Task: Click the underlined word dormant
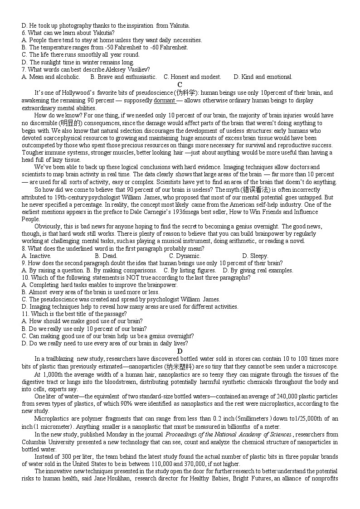click(164, 101)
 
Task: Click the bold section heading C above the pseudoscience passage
click(180, 85)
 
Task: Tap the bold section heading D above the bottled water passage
click(180, 351)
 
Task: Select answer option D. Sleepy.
click(255, 256)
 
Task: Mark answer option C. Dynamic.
click(182, 256)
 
